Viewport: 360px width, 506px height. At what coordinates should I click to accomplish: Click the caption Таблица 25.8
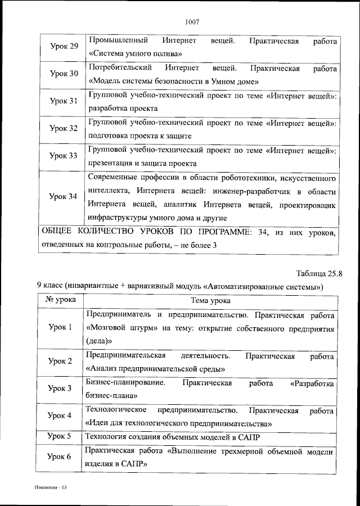[x=319, y=274]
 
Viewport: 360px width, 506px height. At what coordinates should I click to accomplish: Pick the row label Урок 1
[x=60, y=328]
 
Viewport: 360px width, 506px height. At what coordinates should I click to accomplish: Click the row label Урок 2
[x=60, y=362]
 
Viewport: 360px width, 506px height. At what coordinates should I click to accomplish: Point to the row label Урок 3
[x=60, y=388]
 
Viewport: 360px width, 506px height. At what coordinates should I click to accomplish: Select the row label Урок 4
[x=60, y=415]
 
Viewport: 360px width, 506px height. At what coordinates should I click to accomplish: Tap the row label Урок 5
[x=60, y=436]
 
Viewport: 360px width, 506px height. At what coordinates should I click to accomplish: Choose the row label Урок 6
[x=60, y=457]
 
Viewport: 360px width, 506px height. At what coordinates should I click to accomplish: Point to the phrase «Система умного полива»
[x=136, y=54]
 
